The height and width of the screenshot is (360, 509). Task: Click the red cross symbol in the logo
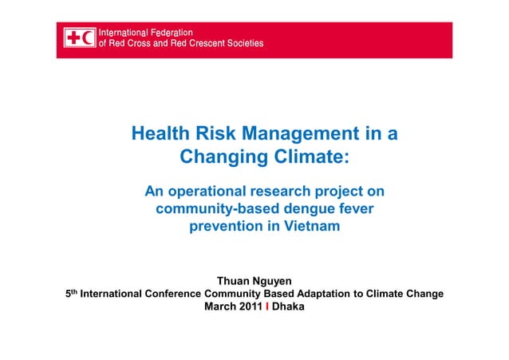pyautogui.click(x=73, y=38)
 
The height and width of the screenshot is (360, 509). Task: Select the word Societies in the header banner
pyautogui.click(x=237, y=43)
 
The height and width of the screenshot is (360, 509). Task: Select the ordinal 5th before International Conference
pyautogui.click(x=70, y=293)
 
